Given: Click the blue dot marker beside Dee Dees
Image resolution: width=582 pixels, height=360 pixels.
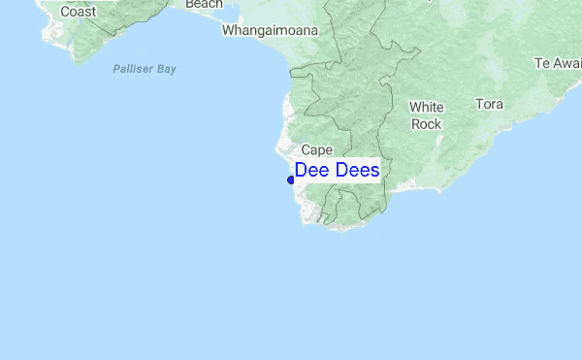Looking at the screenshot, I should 291,180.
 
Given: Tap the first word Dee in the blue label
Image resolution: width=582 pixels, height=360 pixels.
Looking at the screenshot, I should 313,170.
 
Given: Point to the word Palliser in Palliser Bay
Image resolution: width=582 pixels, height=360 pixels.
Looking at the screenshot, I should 131,69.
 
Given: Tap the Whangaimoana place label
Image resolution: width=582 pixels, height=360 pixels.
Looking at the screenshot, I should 270,30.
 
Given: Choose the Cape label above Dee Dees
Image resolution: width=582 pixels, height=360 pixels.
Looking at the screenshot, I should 317,149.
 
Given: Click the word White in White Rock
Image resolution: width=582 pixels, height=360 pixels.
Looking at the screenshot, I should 427,107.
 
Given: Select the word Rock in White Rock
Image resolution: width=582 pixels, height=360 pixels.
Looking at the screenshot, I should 427,123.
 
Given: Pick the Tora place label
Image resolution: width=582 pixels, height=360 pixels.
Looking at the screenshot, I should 489,103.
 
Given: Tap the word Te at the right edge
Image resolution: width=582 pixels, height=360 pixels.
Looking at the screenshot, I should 542,63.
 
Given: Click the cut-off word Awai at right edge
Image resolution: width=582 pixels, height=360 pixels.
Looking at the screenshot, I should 568,63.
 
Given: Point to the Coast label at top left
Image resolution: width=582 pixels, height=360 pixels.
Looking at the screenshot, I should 78,11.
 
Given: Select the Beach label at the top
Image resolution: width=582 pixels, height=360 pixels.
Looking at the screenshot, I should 204,4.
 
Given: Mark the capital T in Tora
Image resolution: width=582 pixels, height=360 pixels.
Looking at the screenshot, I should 478,103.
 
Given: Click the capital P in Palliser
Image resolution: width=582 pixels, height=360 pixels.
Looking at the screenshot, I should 115,69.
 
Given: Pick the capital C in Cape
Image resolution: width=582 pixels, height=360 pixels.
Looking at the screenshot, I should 306,149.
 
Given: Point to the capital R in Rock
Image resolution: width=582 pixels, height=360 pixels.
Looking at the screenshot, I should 416,123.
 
